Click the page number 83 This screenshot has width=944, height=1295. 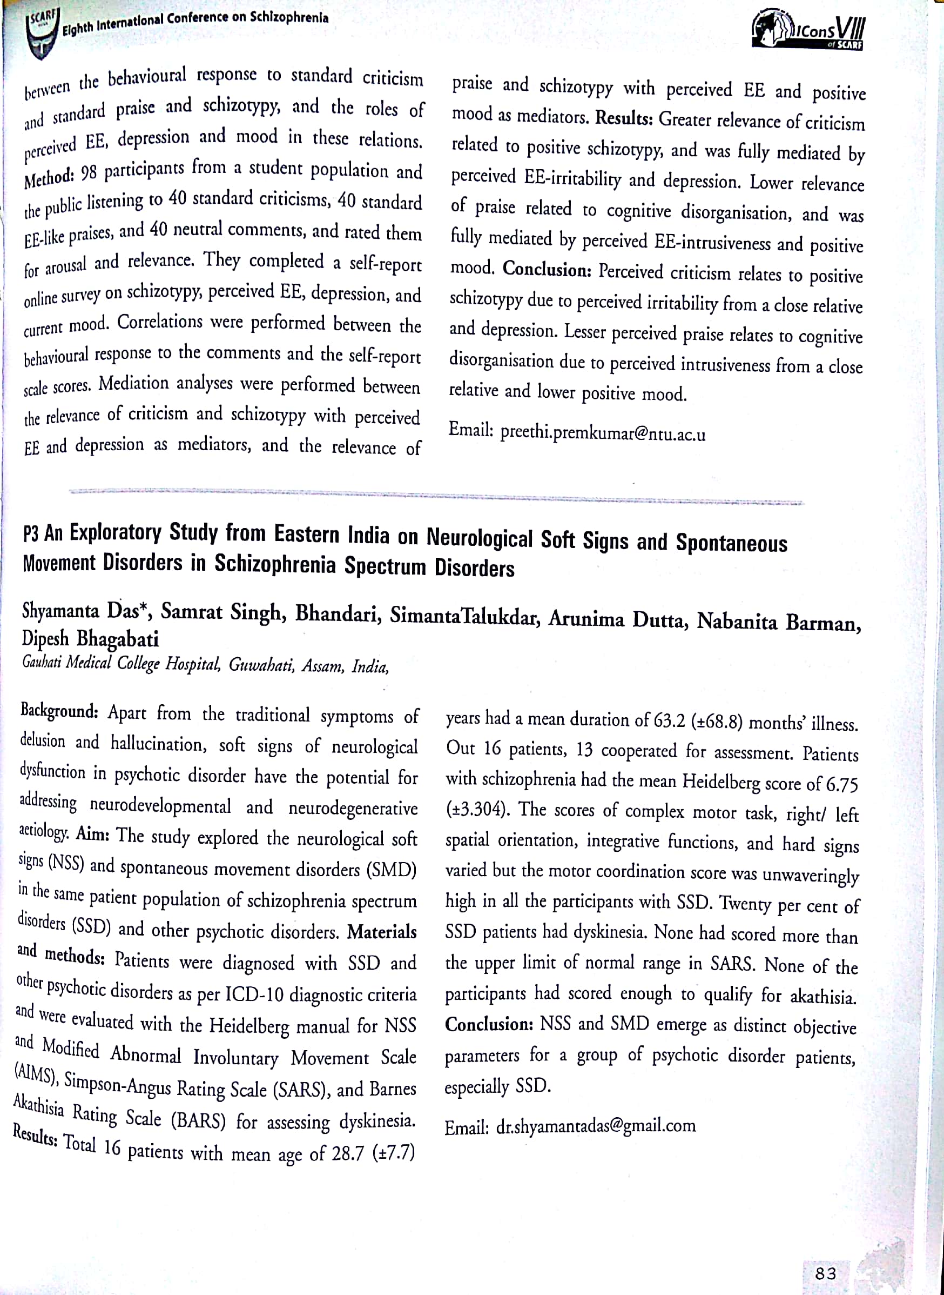[x=826, y=1273]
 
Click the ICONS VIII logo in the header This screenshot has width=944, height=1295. [x=807, y=29]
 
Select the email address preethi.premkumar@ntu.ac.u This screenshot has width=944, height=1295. [x=603, y=433]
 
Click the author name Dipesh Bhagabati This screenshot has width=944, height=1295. [x=90, y=638]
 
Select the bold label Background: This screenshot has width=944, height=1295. [x=59, y=712]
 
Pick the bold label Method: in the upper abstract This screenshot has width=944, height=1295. [x=49, y=177]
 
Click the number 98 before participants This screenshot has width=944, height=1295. [x=89, y=172]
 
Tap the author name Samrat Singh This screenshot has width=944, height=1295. [x=224, y=612]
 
